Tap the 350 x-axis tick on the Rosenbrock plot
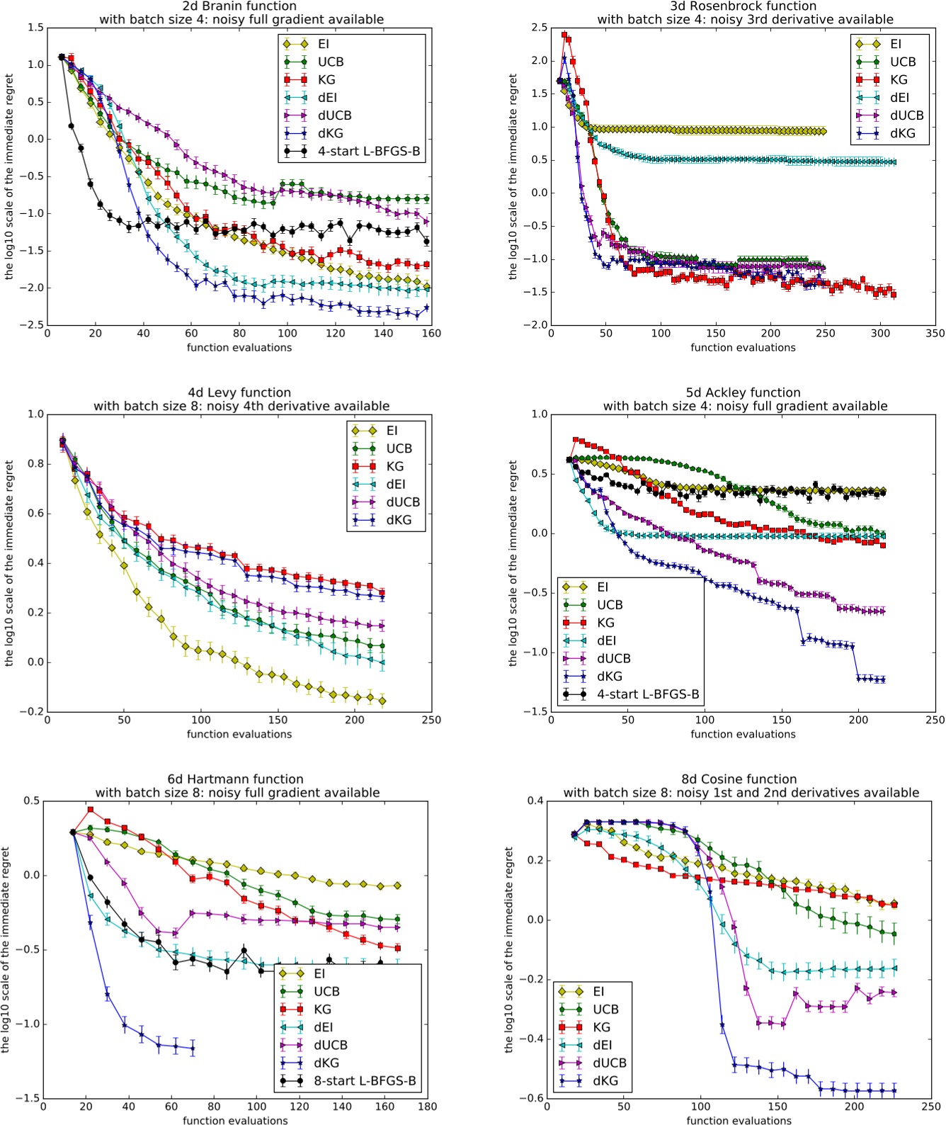click(935, 333)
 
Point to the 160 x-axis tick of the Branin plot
click(431, 333)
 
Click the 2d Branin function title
click(239, 6)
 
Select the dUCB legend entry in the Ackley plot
click(613, 658)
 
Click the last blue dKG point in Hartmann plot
click(193, 1048)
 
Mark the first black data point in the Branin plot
click(62, 57)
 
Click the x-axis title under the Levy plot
click(239, 734)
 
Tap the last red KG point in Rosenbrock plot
click(894, 295)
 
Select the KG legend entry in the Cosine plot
click(601, 1027)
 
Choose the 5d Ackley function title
click(743, 392)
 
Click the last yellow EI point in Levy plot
click(382, 701)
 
